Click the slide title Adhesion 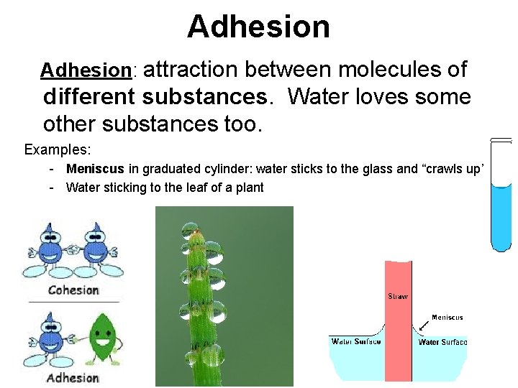coord(258,27)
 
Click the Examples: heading coord(58,149)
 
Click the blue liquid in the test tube coord(501,216)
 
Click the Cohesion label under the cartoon coord(73,290)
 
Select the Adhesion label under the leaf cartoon coord(73,378)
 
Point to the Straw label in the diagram coord(398,296)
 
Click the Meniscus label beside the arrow coord(447,317)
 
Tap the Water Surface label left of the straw coord(356,342)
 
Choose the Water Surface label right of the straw coord(442,342)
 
